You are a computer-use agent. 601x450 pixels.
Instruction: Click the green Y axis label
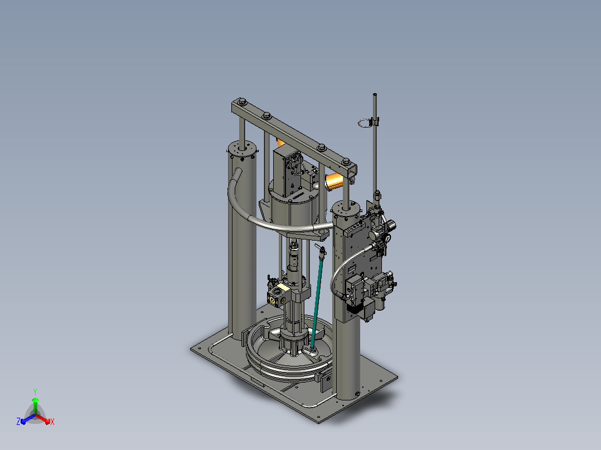coord(35,392)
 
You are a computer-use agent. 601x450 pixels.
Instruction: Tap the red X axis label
coord(52,422)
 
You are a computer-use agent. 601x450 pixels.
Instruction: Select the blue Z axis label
coord(18,421)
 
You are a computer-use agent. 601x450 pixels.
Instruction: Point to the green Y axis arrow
coord(35,406)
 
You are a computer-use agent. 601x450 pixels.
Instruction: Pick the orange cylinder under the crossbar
coord(335,181)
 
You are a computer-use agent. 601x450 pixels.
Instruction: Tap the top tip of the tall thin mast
coord(375,94)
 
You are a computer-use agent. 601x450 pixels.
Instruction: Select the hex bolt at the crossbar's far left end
coord(242,102)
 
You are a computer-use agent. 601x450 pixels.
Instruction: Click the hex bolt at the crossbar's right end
coord(346,162)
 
